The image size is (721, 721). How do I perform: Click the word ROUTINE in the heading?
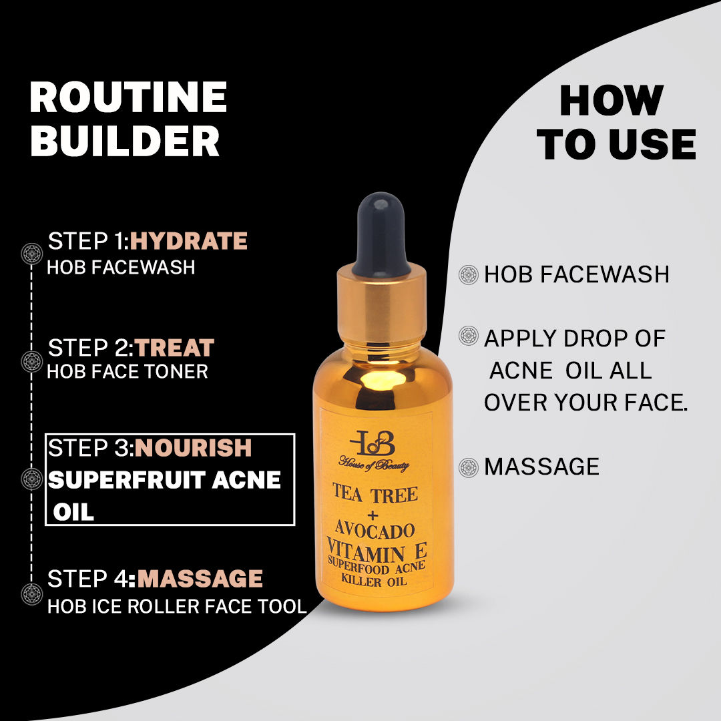(x=128, y=98)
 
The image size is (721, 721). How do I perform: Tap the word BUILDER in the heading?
(x=125, y=141)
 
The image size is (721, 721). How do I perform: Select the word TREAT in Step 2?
(x=175, y=348)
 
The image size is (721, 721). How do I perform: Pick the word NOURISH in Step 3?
(x=194, y=447)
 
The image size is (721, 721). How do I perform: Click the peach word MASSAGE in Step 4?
(x=200, y=578)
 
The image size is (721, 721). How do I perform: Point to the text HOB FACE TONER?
(x=128, y=371)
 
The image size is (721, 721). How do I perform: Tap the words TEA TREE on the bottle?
(x=375, y=495)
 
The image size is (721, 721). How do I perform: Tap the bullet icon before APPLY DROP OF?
(x=469, y=336)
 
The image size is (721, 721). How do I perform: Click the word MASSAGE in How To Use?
(x=541, y=467)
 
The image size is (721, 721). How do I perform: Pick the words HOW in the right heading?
(x=611, y=101)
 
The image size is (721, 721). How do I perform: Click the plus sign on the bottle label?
(x=374, y=514)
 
